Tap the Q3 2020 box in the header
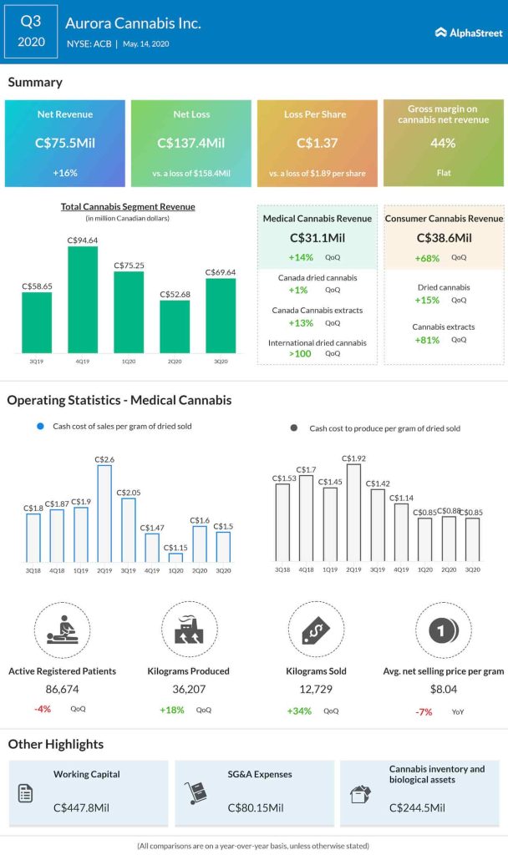32,32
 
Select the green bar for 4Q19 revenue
83,296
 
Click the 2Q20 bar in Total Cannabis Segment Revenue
175,325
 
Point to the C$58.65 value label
38,285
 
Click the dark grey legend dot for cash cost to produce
293,427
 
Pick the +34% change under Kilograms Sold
299,711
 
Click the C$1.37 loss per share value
317,143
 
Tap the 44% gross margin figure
444,143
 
